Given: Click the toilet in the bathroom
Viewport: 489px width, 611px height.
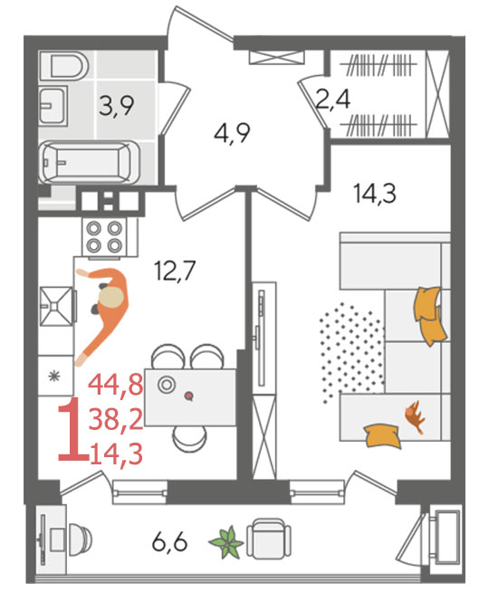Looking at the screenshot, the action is tap(64, 67).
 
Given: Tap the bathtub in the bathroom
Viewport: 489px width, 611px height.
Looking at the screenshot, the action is tap(90, 163).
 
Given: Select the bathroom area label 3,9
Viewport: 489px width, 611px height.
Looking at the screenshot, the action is tap(116, 106).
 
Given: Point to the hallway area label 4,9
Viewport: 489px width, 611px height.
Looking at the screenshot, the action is tap(232, 134).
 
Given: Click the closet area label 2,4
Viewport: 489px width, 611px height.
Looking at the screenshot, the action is tap(332, 99).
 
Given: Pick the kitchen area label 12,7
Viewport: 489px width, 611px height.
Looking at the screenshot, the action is tap(174, 271).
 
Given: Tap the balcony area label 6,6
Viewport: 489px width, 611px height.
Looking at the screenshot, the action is tap(170, 542).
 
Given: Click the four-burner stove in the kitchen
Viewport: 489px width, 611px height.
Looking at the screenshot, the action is tap(104, 236).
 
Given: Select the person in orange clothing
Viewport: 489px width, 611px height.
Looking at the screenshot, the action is tap(103, 312).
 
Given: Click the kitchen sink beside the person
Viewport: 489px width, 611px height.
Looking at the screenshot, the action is tap(57, 306).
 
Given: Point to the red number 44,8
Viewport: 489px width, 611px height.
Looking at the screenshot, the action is tap(116, 385).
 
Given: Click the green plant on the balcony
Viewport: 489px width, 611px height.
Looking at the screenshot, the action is tap(226, 542).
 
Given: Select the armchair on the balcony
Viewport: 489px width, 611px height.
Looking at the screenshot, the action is tap(269, 539).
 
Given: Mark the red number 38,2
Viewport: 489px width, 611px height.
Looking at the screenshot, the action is tap(116, 420).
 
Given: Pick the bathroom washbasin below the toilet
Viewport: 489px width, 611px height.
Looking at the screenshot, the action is tap(53, 106).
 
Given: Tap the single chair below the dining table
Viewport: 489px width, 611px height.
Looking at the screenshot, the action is tap(189, 437).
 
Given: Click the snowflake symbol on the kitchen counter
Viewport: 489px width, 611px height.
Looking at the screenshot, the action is tap(54, 376).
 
